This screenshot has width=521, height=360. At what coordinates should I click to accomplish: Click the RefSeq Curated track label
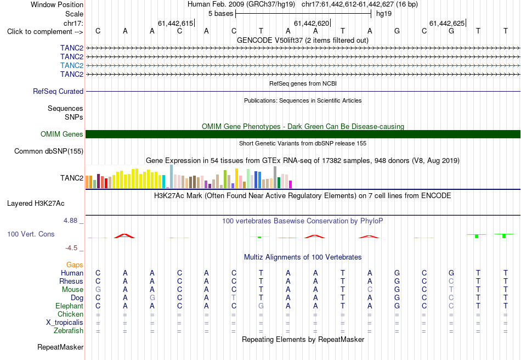(x=58, y=92)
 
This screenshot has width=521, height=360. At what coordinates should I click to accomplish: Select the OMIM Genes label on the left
(x=62, y=134)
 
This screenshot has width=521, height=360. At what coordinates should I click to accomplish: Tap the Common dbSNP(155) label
(x=49, y=151)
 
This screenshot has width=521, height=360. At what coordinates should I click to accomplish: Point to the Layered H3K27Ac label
(x=36, y=204)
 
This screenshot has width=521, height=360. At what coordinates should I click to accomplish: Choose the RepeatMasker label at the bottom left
(x=60, y=347)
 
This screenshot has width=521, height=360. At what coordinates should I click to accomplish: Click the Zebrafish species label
(x=69, y=331)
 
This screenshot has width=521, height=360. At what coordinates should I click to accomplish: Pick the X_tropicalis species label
(x=65, y=323)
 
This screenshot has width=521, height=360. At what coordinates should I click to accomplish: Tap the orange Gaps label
(x=75, y=265)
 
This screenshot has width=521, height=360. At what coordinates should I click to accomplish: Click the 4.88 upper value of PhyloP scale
(x=70, y=221)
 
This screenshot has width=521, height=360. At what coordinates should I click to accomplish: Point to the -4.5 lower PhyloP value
(x=71, y=248)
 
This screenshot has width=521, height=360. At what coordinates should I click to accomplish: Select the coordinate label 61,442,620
(x=312, y=23)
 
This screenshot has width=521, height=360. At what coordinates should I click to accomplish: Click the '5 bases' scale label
(x=221, y=14)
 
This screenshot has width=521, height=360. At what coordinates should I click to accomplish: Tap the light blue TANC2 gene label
(x=72, y=65)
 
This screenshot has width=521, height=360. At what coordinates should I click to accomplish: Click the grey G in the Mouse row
(x=98, y=290)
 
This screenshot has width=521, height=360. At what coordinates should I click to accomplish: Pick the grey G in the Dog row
(x=152, y=298)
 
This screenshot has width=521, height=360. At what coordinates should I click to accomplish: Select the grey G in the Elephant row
(x=261, y=306)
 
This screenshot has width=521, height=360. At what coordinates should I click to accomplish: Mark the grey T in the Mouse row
(x=451, y=290)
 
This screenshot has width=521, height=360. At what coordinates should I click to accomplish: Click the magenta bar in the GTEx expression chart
(x=291, y=184)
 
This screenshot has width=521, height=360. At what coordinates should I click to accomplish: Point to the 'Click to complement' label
(x=45, y=32)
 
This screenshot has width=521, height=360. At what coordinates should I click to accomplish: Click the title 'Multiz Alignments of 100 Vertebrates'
(x=303, y=257)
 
